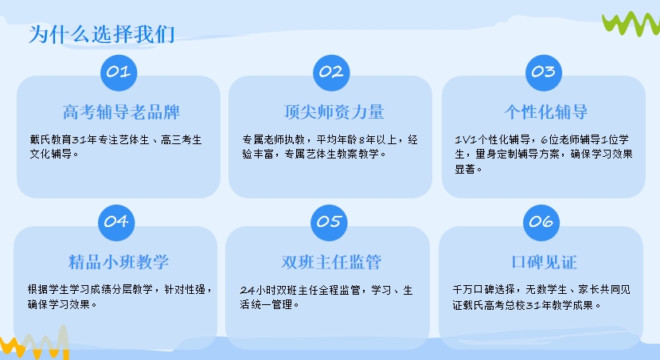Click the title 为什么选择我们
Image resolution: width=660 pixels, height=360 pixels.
point(102,35)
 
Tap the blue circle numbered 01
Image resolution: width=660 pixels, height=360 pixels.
point(118,72)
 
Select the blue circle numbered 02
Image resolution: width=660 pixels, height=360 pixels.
point(330,72)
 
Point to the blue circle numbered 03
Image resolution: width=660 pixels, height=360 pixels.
point(543,72)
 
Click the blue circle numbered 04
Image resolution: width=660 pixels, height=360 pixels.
point(116,221)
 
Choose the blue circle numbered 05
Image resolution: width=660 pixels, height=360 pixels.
point(328,221)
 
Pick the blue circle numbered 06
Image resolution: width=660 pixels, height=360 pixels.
point(541,221)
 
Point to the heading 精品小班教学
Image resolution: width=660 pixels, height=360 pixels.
point(119,262)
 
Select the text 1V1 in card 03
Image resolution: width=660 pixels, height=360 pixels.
point(465,139)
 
